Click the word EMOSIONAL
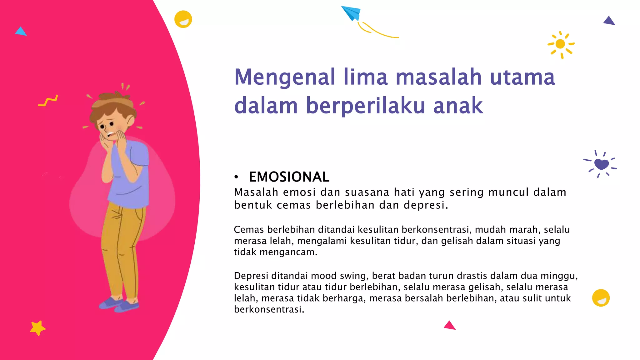pyautogui.click(x=289, y=177)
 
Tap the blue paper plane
pyautogui.click(x=351, y=13)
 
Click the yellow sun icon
pyautogui.click(x=561, y=44)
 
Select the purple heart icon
pyautogui.click(x=601, y=164)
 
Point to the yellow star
pyautogui.click(x=37, y=328)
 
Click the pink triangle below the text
pyautogui.click(x=449, y=326)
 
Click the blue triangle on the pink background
pyautogui.click(x=21, y=31)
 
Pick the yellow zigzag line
pyautogui.click(x=48, y=101)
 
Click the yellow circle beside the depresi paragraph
pyautogui.click(x=601, y=298)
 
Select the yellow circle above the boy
pyautogui.click(x=183, y=19)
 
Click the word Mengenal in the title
pyautogui.click(x=285, y=77)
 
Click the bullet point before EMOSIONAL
pyautogui.click(x=236, y=177)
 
